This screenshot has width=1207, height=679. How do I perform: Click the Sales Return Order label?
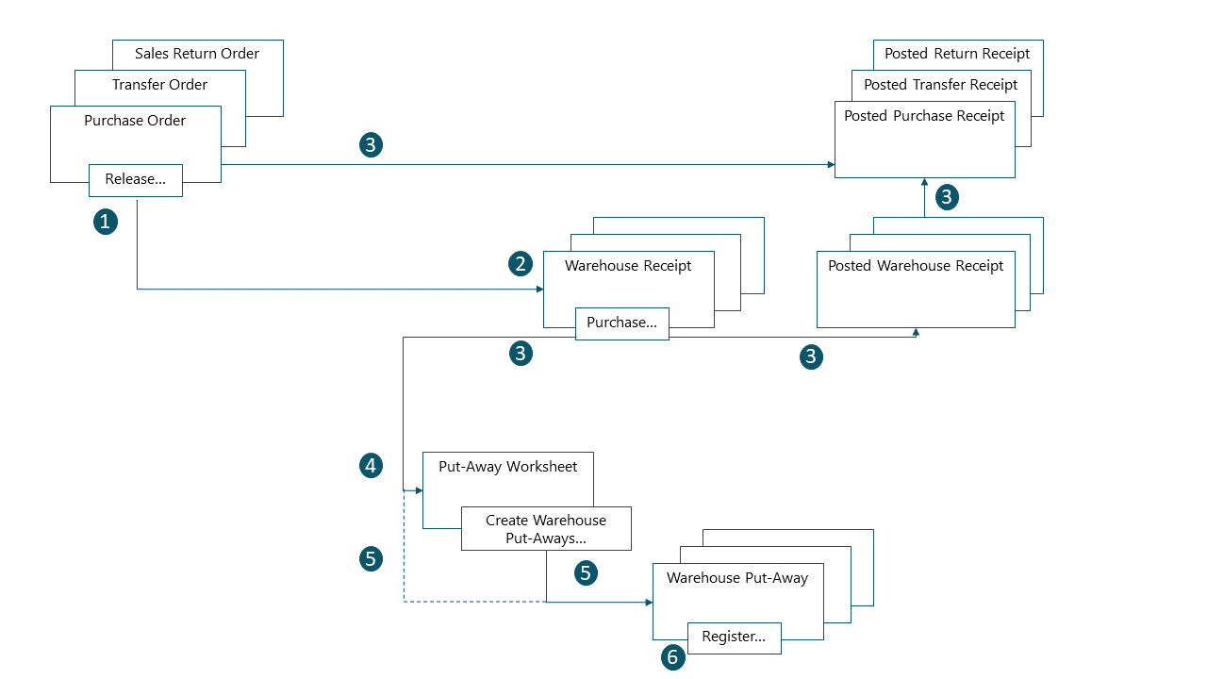point(197,54)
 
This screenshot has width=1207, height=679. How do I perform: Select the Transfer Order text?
point(159,85)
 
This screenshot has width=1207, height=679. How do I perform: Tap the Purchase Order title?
point(135,121)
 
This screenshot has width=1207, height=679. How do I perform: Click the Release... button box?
point(136,180)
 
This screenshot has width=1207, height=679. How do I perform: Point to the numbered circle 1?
point(106,223)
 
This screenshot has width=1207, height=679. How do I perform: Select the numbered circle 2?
point(521,264)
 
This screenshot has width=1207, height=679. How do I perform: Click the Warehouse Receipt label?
point(628,266)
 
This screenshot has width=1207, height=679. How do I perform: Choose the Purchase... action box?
point(622,323)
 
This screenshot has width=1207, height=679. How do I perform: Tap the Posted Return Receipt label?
point(957,54)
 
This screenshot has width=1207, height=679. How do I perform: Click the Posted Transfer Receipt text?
point(940,85)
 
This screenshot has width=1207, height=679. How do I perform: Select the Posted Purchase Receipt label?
point(924,116)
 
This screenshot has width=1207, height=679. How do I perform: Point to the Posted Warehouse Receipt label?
point(916,266)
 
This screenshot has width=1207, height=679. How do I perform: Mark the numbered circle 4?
point(372,465)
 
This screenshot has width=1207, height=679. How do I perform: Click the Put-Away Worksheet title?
point(507,467)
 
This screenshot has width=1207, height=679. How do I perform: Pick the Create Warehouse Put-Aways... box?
point(546,529)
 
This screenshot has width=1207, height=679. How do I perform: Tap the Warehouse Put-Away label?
point(737,578)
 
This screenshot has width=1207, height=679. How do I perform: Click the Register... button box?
point(735,637)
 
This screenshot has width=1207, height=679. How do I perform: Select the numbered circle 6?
point(672,657)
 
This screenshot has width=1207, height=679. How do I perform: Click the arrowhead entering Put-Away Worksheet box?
point(419,490)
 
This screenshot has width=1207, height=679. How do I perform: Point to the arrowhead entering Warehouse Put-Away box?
point(648,602)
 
